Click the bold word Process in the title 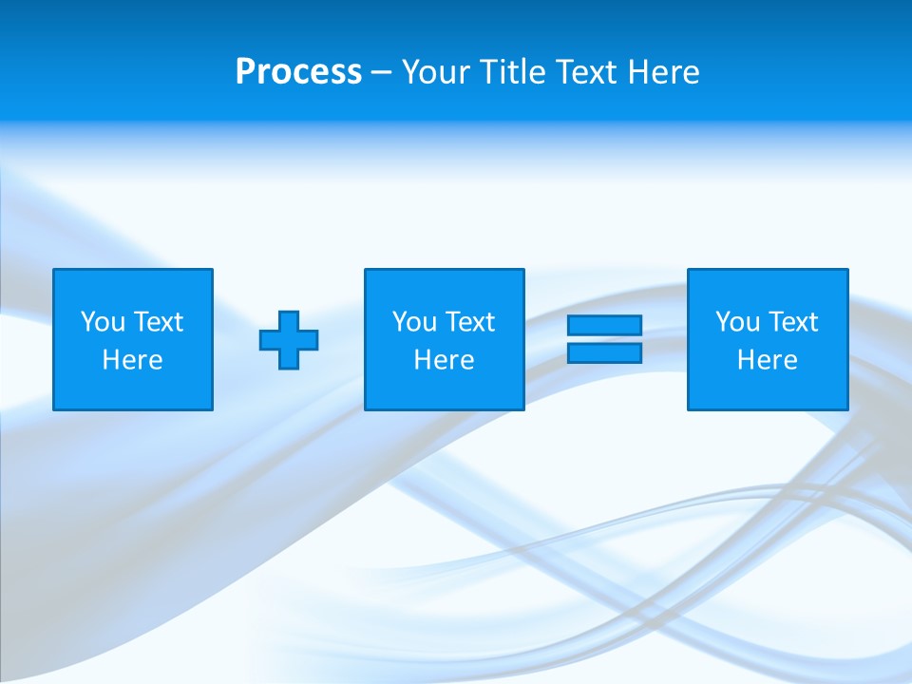tap(298, 72)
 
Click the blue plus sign tap(289, 340)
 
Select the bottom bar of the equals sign tap(604, 352)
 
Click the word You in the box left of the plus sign tap(103, 322)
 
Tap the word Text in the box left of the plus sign tap(157, 322)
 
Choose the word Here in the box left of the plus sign tap(132, 360)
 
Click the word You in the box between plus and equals tap(414, 322)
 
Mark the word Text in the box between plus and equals tap(468, 322)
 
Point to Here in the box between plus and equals tap(444, 360)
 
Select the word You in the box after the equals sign tap(737, 322)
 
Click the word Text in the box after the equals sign tap(791, 322)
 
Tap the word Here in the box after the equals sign tap(767, 360)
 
